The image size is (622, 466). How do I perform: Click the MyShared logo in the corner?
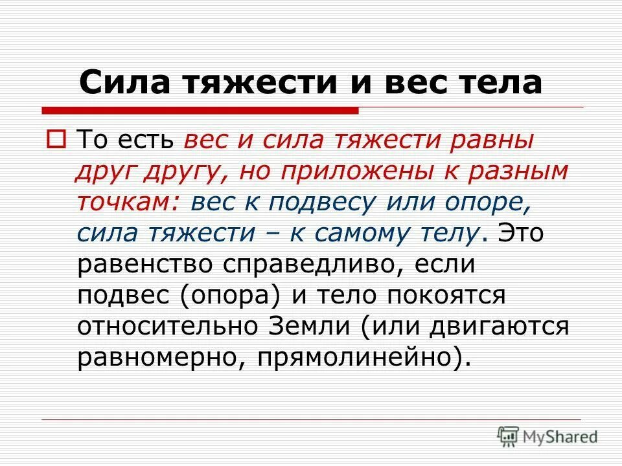tap(547, 436)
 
